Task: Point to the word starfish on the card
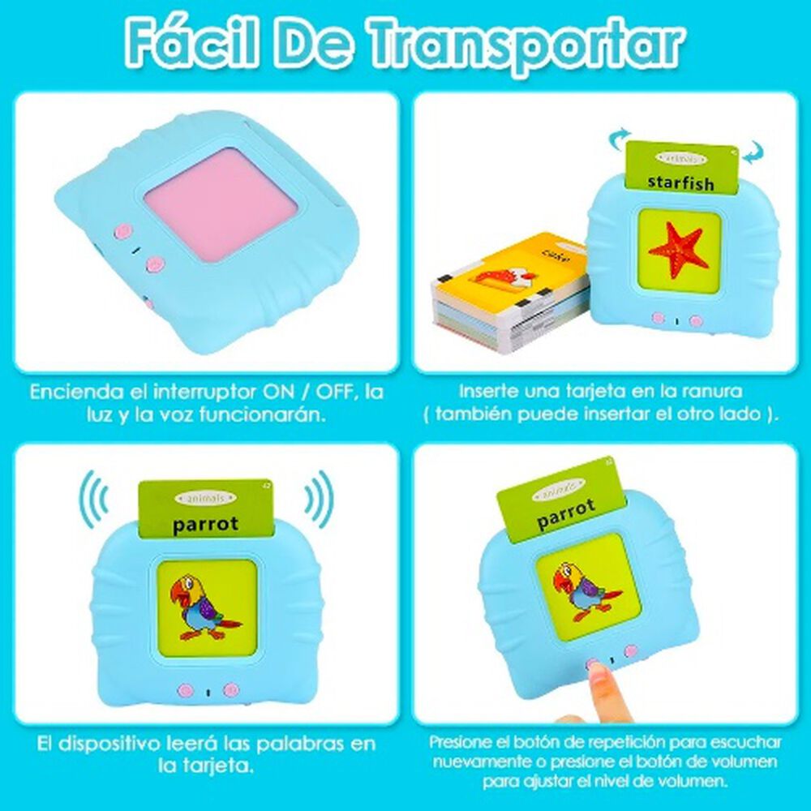tap(681, 182)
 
